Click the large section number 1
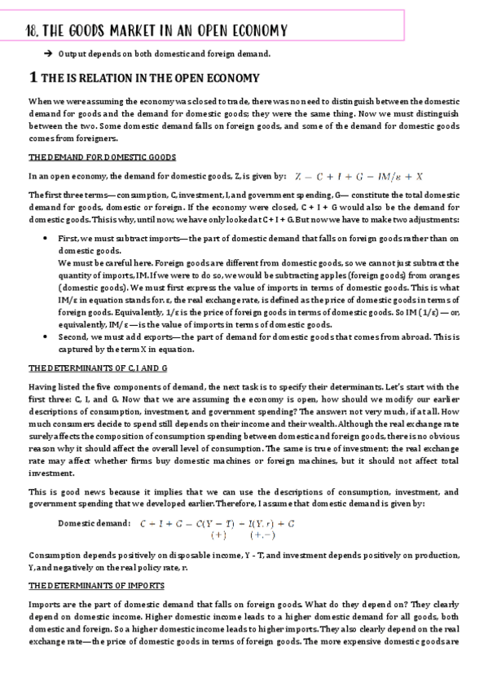pos(32,78)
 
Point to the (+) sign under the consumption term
pos(218,535)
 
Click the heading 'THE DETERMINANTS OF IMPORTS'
pos(96,586)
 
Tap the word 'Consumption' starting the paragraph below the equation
pos(55,554)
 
